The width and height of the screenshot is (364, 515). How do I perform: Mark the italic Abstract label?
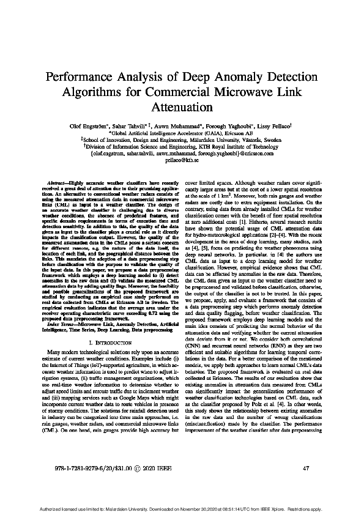click(60, 183)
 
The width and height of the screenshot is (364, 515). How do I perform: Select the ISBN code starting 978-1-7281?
click(80, 468)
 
